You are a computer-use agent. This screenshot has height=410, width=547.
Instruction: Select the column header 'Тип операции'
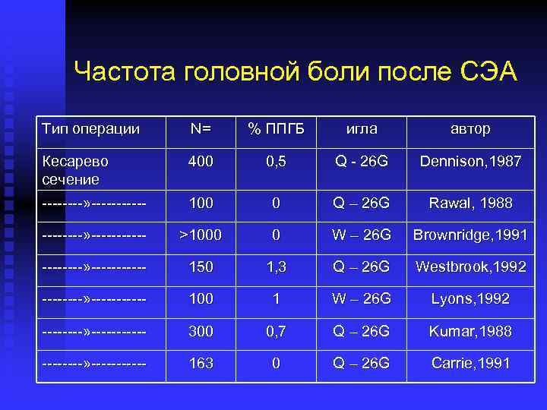pyautogui.click(x=91, y=129)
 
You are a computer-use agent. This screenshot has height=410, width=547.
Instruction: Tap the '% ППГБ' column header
pyautogui.click(x=277, y=129)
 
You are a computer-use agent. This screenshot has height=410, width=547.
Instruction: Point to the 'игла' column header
pyautogui.click(x=362, y=129)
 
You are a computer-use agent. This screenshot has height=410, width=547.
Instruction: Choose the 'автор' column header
pyautogui.click(x=470, y=129)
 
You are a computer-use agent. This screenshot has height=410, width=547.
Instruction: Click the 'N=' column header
pyautogui.click(x=201, y=129)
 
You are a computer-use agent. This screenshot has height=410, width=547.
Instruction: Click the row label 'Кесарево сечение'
pyautogui.click(x=76, y=171)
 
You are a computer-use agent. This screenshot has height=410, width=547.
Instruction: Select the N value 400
pyautogui.click(x=201, y=162)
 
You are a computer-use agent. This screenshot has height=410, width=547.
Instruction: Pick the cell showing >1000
pyautogui.click(x=201, y=235)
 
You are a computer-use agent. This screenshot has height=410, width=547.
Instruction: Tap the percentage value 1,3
pyautogui.click(x=277, y=267)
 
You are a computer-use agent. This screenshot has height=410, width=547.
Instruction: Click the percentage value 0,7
pyautogui.click(x=277, y=331)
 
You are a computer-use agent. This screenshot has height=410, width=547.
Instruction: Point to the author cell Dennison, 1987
pyautogui.click(x=470, y=162)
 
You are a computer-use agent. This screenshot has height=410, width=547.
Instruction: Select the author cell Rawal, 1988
pyautogui.click(x=470, y=203)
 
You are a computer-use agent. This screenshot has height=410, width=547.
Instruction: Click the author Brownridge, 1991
pyautogui.click(x=470, y=235)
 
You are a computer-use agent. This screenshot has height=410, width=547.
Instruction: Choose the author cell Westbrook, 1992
pyautogui.click(x=470, y=267)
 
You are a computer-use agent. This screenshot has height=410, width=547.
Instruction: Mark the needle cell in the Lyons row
pyautogui.click(x=362, y=299)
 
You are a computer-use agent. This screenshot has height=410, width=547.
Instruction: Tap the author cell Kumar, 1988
pyautogui.click(x=470, y=331)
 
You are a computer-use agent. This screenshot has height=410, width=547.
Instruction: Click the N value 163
pyautogui.click(x=201, y=364)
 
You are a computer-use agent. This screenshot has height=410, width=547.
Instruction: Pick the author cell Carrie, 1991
pyautogui.click(x=470, y=364)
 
